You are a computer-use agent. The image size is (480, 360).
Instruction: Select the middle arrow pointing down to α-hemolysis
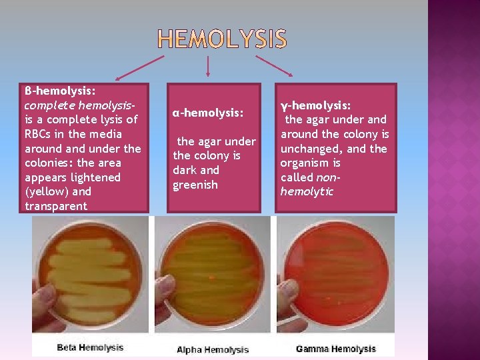[209, 65]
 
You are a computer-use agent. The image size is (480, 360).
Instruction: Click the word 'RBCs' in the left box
[38, 134]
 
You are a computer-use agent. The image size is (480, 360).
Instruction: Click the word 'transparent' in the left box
[56, 206]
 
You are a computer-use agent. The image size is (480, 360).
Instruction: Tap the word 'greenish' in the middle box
[195, 185]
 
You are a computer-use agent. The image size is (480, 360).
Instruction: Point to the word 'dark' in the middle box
[185, 170]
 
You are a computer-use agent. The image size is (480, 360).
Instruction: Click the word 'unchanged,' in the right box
[310, 149]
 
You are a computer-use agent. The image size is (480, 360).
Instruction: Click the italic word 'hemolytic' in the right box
[307, 192]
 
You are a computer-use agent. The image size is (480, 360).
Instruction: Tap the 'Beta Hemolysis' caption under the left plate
[90, 347]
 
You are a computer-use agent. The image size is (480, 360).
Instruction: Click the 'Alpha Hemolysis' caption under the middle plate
[213, 349]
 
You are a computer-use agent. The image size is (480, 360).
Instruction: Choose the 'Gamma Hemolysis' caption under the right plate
[335, 349]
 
